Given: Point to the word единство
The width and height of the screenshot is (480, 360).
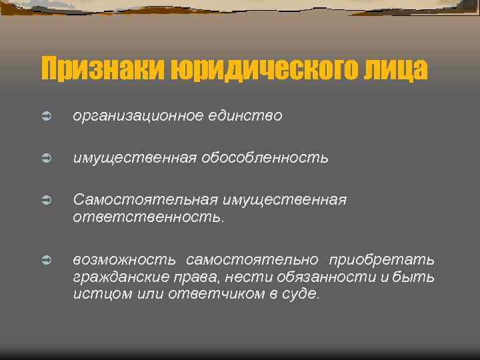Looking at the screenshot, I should point(249,117).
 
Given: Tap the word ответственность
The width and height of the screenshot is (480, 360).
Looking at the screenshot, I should point(147,217).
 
